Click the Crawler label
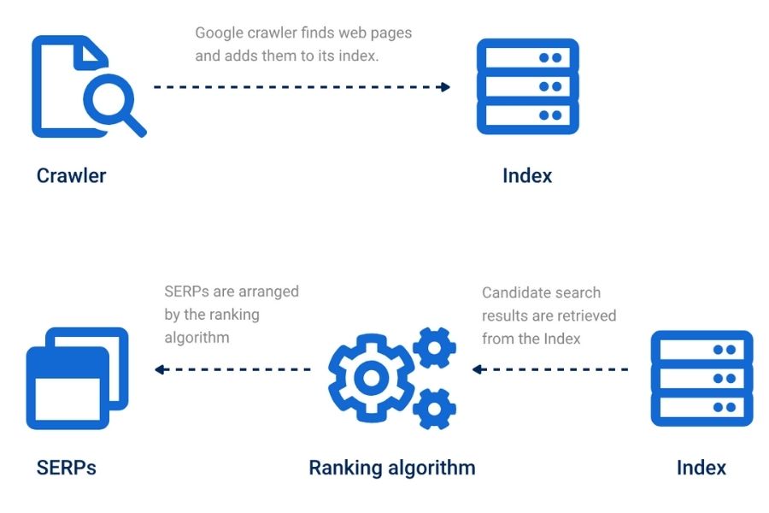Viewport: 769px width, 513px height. [x=71, y=176]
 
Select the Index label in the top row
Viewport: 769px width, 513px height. [x=527, y=176]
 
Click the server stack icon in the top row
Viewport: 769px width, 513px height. [x=527, y=86]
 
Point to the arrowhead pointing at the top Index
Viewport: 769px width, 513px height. [x=444, y=86]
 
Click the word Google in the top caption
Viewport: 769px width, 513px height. [x=220, y=33]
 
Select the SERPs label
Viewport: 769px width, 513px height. [x=67, y=468]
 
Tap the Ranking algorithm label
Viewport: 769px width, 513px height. [x=391, y=468]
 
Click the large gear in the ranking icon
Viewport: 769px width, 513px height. [x=370, y=377]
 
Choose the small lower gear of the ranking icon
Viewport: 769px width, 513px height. [x=433, y=408]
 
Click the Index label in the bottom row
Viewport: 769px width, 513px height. [x=701, y=468]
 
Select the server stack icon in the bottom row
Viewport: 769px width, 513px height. [x=701, y=378]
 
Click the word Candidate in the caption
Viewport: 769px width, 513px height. [x=516, y=292]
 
